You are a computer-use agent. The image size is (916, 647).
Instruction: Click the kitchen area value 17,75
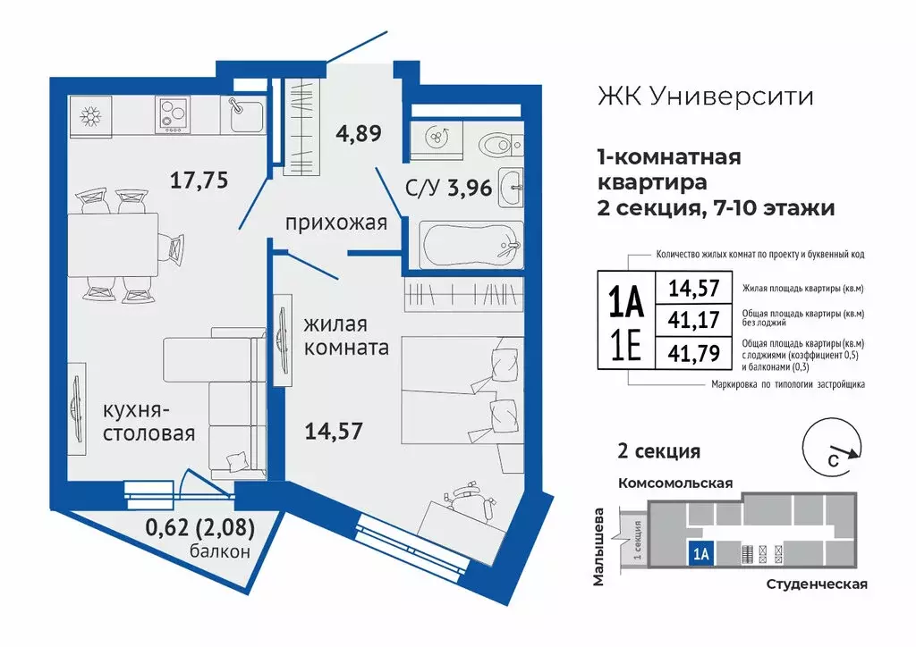pyautogui.click(x=199, y=180)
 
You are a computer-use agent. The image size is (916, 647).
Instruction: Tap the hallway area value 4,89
pyautogui.click(x=359, y=134)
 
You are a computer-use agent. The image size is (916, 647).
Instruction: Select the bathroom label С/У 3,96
pyautogui.click(x=424, y=189)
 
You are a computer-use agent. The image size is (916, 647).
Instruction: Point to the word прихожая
pyautogui.click(x=335, y=223)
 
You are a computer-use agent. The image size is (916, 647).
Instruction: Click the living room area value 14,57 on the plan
pyautogui.click(x=332, y=431)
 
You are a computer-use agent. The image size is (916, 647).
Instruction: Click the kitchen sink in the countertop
pyautogui.click(x=243, y=113)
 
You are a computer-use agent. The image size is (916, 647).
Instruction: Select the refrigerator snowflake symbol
pyautogui.click(x=90, y=116)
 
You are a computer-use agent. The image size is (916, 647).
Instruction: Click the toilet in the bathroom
pyautogui.click(x=494, y=143)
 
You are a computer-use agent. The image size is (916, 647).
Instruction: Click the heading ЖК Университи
pyautogui.click(x=705, y=97)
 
